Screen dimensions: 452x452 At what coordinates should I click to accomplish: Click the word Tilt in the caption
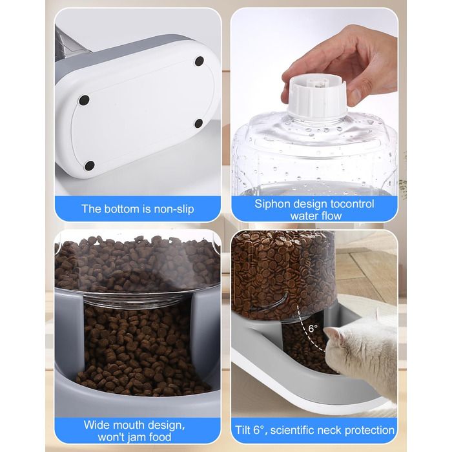(x=243, y=431)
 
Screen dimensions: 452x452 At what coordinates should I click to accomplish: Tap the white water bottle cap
(x=317, y=97)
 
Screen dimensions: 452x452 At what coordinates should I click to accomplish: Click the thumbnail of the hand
(x=355, y=96)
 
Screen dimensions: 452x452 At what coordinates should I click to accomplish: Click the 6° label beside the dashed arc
(x=313, y=328)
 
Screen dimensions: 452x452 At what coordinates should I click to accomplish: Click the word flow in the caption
(x=331, y=216)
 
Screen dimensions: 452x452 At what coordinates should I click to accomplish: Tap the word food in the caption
(x=160, y=437)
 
